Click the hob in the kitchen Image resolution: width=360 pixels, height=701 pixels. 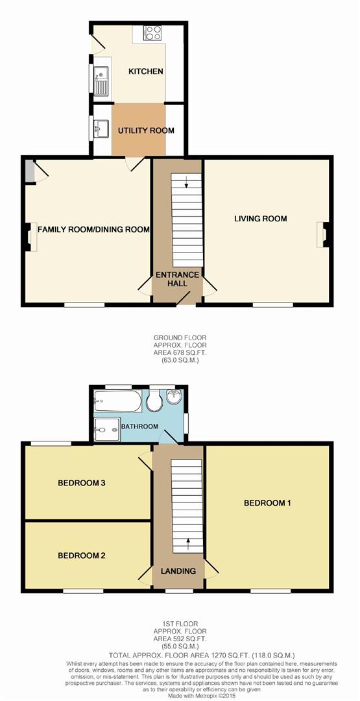pos(153,34)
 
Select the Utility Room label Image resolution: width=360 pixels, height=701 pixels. pos(146,130)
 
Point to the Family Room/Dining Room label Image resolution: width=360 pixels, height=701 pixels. pos(94,229)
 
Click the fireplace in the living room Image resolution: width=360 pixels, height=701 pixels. pos(322,234)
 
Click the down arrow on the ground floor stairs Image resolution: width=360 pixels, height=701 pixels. pos(187,182)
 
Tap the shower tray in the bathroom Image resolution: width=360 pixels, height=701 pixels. pos(106,428)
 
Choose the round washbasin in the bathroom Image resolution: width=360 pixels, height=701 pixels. pos(174,397)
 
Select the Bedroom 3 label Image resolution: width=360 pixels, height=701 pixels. pos(82,483)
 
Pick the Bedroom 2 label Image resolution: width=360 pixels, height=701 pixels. pos(82,556)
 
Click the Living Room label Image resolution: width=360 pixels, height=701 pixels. pos(261,219)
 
